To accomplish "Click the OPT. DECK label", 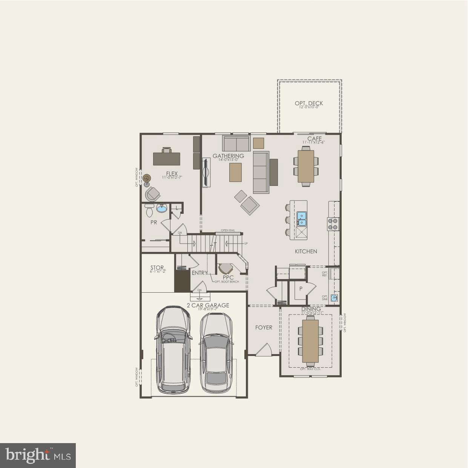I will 308,103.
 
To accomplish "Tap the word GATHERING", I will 228,156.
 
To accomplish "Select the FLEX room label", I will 172,174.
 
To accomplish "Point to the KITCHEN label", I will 306,251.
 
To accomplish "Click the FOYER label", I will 264,327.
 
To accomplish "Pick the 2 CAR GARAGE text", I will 208,305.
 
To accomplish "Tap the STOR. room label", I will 157,268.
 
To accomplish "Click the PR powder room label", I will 153,222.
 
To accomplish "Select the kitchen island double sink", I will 301,218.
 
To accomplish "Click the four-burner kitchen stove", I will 333,224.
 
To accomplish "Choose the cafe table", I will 306,166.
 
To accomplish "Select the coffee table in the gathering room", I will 235,172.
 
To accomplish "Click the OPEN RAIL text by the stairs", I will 228,230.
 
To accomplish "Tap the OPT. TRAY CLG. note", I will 310,369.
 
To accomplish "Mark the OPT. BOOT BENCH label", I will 227,282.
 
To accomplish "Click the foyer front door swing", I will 264,350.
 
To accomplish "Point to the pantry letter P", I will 301,288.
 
